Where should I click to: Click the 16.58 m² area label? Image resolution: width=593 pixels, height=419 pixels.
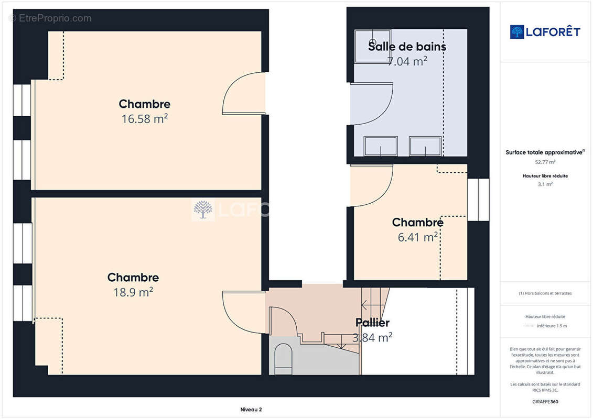pos(145,119)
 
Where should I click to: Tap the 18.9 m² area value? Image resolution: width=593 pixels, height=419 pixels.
pos(133,292)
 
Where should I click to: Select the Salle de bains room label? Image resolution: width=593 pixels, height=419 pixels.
pos(407,47)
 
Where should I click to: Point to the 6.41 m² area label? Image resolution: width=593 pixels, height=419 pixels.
pos(417,237)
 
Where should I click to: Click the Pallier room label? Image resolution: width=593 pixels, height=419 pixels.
pos(372,322)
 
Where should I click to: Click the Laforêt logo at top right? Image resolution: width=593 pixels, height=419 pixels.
pos(545,32)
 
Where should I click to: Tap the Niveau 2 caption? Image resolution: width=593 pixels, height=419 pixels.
pos(251,410)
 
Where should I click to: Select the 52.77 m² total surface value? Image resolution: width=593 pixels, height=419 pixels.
pos(545,162)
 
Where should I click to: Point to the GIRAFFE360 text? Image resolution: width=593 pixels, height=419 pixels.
pos(545,402)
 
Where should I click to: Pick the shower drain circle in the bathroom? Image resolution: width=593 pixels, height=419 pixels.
pos(372,42)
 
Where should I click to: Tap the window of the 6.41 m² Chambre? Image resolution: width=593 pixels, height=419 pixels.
pos(478,200)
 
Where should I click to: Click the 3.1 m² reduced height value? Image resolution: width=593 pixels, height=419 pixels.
pos(545,184)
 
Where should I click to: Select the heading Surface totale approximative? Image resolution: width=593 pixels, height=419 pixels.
pos(544,152)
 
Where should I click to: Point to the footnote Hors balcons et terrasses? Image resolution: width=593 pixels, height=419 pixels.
pos(545,293)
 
